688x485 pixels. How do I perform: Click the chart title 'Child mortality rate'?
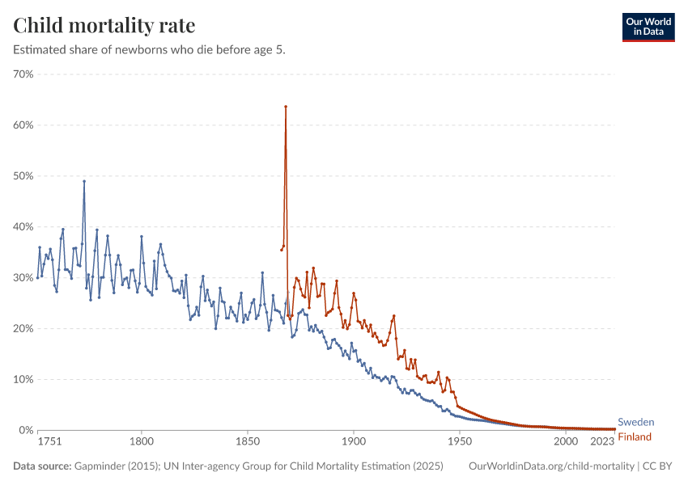(104, 25)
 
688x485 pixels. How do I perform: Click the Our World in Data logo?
(648, 27)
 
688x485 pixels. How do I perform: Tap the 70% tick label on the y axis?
(23, 74)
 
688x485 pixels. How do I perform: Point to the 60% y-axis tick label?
(23, 125)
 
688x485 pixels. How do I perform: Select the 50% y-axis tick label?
(23, 176)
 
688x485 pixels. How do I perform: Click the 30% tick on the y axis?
(23, 278)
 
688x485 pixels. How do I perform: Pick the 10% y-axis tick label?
(23, 379)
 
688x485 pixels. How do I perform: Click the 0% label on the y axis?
(25, 430)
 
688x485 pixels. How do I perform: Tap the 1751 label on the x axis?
(49, 442)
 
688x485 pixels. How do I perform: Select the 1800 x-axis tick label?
(142, 442)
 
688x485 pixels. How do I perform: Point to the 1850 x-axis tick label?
(248, 442)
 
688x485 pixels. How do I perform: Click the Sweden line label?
(635, 422)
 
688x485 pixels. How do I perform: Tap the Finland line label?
(635, 437)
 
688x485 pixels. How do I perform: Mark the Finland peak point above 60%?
(286, 107)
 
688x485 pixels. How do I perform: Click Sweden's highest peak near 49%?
(84, 181)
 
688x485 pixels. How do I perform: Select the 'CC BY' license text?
(660, 466)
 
